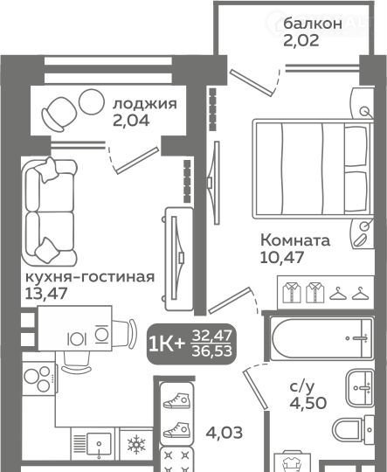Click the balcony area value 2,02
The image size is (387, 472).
tap(301, 40)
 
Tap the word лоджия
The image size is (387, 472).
tap(145, 104)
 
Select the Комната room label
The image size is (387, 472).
tap(295, 240)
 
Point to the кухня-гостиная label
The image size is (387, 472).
tap(90, 277)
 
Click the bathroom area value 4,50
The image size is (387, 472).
tap(308, 403)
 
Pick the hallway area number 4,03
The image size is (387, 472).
tap(225, 433)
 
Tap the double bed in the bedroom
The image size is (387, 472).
tap(313, 169)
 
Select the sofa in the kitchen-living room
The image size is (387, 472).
tap(49, 212)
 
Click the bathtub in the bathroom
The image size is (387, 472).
tap(321, 338)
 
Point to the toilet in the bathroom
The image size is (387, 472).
tap(353, 430)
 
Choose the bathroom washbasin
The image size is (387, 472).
tap(360, 388)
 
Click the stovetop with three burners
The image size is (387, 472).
tap(38, 378)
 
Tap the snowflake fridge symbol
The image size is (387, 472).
tap(136, 444)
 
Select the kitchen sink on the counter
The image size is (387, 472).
tap(99, 444)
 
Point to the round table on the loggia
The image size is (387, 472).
tap(91, 101)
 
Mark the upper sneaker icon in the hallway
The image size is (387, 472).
tap(176, 400)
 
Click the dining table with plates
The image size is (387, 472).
tap(75, 328)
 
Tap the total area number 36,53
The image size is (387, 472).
tap(212, 351)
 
